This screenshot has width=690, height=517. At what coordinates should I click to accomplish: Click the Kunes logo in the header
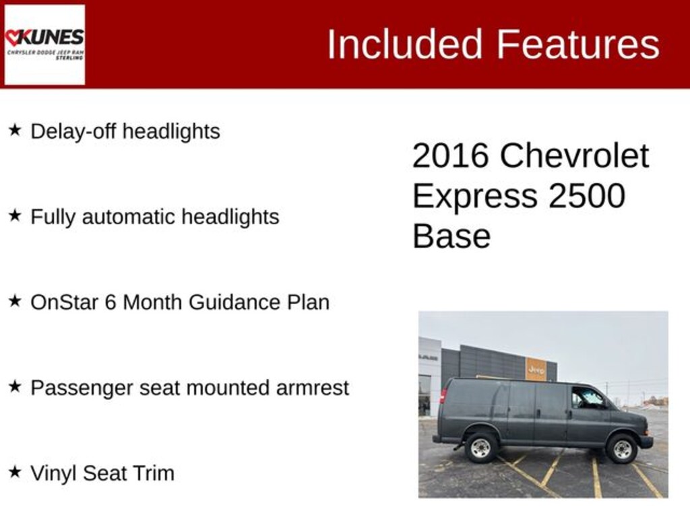coord(44,44)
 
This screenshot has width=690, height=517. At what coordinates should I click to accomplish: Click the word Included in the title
coord(405,44)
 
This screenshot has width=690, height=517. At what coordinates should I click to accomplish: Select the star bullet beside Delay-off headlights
coord(15,130)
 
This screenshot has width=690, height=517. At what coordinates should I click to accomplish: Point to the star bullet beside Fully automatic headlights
coord(15,215)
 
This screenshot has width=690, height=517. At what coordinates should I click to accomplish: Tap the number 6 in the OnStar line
coord(111,302)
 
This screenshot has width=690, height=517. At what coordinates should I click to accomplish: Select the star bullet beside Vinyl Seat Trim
coord(15,472)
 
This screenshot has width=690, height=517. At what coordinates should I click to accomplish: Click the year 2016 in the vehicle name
coord(450,156)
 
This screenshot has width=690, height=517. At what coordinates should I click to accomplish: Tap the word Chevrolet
coord(574,156)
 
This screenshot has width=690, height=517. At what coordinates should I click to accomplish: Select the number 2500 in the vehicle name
coord(586,196)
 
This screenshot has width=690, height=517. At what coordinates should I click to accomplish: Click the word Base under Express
coord(451,236)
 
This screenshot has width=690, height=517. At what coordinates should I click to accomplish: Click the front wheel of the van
coord(622,449)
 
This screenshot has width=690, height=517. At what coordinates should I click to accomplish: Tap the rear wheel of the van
coord(481,448)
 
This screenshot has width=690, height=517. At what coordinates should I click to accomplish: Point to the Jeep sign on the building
coord(536,370)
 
